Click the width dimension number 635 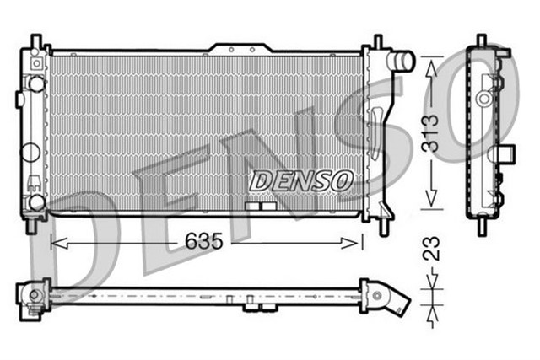coord(203,242)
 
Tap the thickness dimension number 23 coord(431,249)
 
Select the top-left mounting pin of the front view coord(35,40)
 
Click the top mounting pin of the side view coord(482,40)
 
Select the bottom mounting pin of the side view coord(482,226)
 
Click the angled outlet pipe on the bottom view coord(397,301)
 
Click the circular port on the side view coord(483,98)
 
